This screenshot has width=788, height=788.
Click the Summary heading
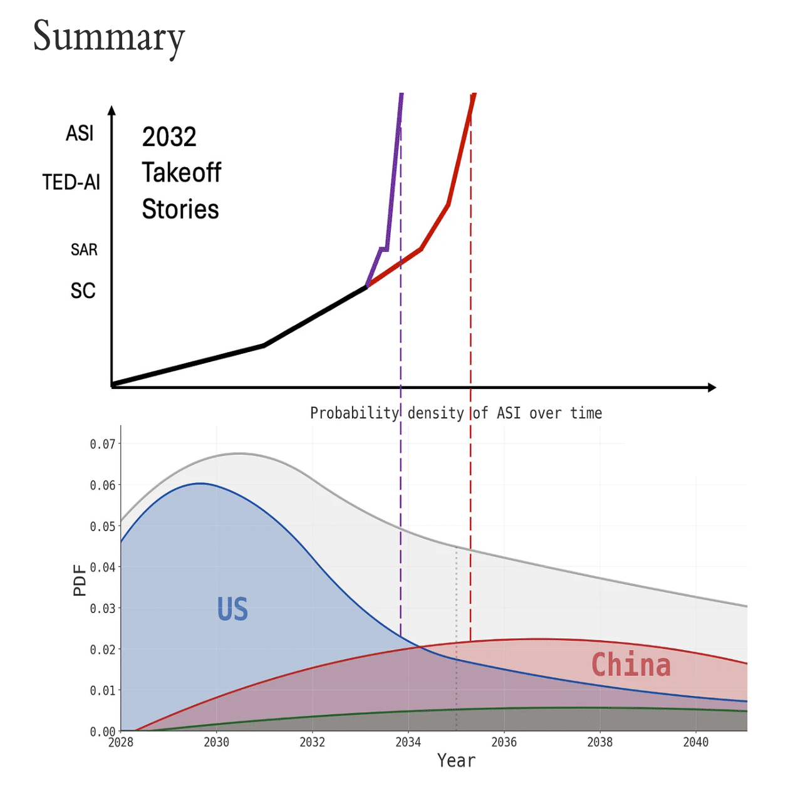(x=108, y=36)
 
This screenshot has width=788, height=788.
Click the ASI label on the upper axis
(x=80, y=133)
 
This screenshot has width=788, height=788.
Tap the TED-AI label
(x=71, y=182)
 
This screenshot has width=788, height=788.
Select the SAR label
(x=84, y=250)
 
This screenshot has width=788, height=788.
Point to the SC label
(x=83, y=291)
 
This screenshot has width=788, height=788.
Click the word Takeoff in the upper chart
(x=182, y=173)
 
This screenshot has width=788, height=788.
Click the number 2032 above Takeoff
(x=169, y=137)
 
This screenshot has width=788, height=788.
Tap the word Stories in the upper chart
(x=180, y=209)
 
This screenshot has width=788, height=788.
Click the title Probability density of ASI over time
(x=455, y=413)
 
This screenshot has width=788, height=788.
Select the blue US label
(x=232, y=609)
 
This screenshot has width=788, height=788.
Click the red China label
(x=631, y=665)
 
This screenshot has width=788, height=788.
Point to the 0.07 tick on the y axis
(x=103, y=444)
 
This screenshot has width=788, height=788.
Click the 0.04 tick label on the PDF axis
(x=103, y=568)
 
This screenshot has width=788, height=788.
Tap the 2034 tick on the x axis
(x=408, y=742)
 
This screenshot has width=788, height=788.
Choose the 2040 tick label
(x=695, y=742)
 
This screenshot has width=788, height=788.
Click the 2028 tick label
(x=121, y=742)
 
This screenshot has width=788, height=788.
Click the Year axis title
(x=456, y=760)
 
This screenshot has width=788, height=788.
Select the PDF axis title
(x=80, y=580)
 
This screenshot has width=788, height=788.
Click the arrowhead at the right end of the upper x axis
(x=712, y=388)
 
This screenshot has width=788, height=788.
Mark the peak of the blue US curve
(x=200, y=483)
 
